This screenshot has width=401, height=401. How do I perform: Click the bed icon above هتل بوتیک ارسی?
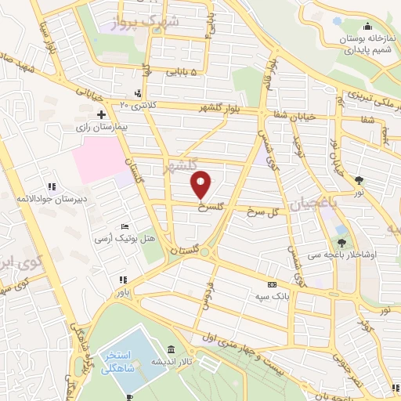125,226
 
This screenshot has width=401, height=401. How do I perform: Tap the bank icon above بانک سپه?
272,285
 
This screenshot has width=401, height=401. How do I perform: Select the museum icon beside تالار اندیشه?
172,349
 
